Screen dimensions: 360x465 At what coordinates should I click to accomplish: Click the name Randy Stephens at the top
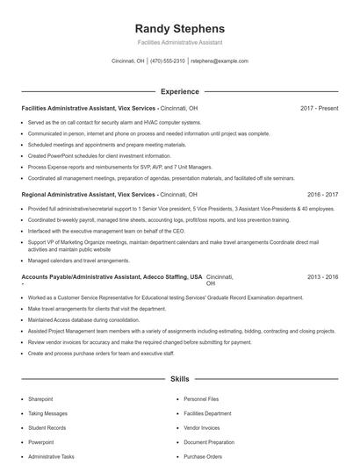(180, 28)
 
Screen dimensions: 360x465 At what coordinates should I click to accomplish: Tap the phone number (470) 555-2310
(168, 61)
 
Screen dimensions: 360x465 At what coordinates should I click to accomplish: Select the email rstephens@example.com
(220, 61)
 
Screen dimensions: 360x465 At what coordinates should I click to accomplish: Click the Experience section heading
(180, 91)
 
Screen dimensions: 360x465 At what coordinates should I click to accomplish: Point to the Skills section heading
(180, 379)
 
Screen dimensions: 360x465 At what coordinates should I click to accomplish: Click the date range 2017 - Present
(319, 108)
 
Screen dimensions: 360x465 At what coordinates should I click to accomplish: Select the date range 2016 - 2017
(323, 193)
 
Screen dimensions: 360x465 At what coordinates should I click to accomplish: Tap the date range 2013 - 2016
(323, 276)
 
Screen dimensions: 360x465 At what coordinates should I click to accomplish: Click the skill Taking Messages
(47, 412)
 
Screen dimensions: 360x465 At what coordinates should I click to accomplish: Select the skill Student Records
(47, 427)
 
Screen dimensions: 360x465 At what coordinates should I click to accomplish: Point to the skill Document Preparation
(210, 442)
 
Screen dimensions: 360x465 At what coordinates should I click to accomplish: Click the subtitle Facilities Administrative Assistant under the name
(180, 42)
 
